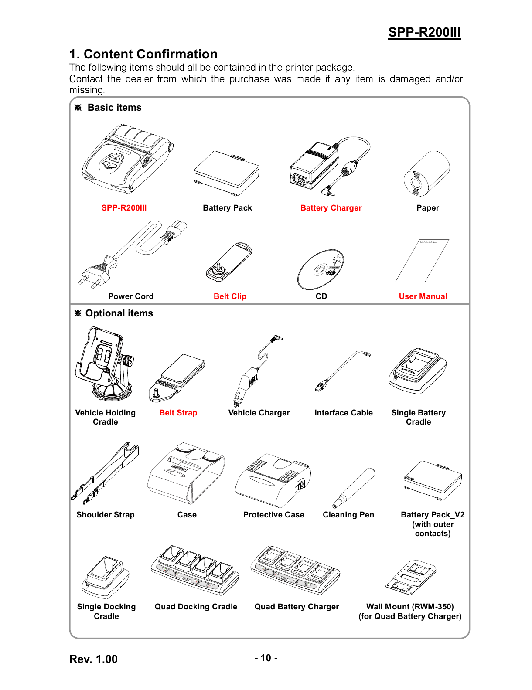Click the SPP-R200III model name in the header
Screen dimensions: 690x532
tap(424, 32)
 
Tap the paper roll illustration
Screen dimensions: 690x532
tap(426, 174)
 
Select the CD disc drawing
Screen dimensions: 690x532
tap(321, 269)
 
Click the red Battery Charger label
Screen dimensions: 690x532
tap(331, 208)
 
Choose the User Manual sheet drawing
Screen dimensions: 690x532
tap(422, 261)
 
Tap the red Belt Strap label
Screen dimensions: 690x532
tap(178, 413)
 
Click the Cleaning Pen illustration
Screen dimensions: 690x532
tap(354, 488)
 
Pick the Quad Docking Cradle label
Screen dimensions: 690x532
tap(196, 607)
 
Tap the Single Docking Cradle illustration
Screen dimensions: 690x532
tap(106, 578)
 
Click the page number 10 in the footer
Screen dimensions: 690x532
tap(266, 658)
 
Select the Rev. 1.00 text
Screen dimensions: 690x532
tap(93, 659)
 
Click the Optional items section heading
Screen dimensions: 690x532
tap(119, 313)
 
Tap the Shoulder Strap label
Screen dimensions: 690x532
tap(106, 515)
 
